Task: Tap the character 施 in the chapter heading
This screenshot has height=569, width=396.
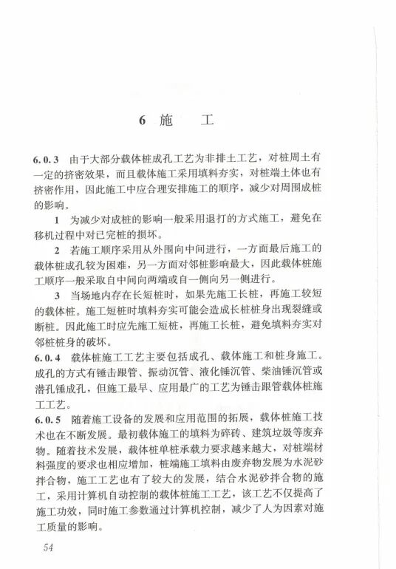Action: (166, 121)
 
